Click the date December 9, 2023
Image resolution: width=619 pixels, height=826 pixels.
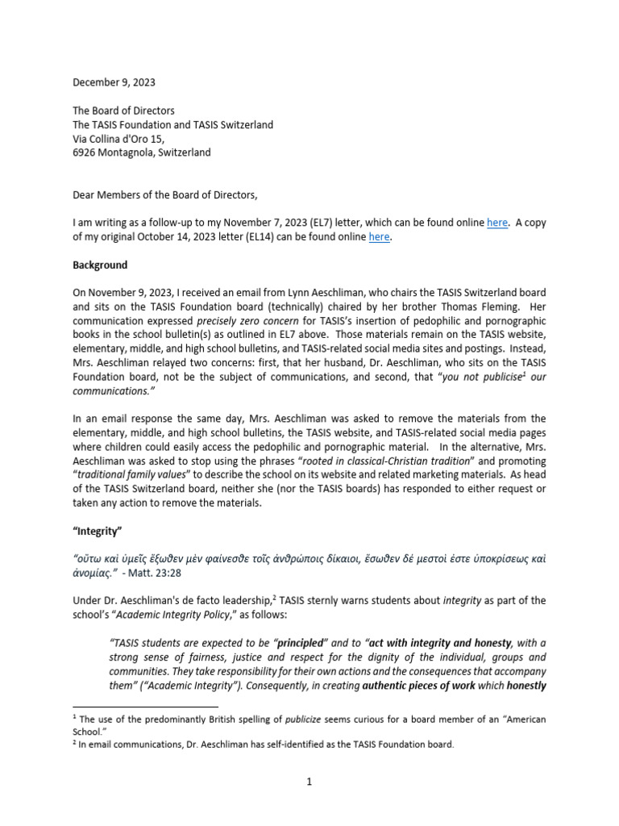(x=114, y=82)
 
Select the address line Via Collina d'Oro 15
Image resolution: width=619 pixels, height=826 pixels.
(x=119, y=138)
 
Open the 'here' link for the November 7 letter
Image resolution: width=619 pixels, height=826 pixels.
(x=497, y=223)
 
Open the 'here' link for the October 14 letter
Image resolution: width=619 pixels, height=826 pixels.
(x=380, y=236)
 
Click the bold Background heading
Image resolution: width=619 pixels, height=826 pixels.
(x=101, y=265)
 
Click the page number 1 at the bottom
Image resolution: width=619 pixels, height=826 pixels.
(x=309, y=782)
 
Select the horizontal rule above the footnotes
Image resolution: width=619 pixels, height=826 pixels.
(x=145, y=704)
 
